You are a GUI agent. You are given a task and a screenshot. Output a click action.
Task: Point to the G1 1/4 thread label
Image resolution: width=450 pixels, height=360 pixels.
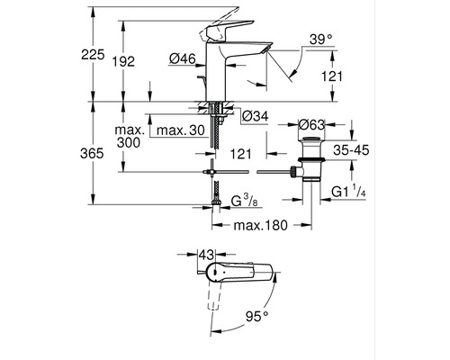click(x=346, y=191)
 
